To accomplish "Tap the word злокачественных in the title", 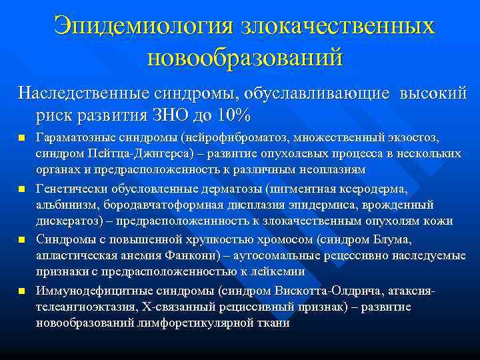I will [x=329, y=26].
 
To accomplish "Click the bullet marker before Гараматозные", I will [x=22, y=139].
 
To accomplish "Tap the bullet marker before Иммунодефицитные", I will [x=22, y=291].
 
